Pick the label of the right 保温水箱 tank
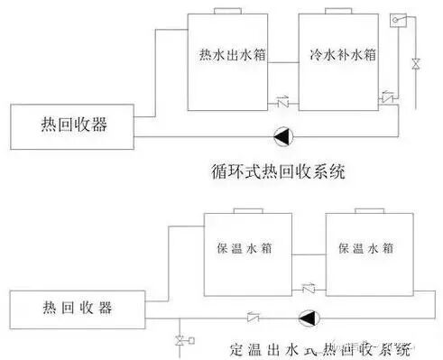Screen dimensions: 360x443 coord(365,248)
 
